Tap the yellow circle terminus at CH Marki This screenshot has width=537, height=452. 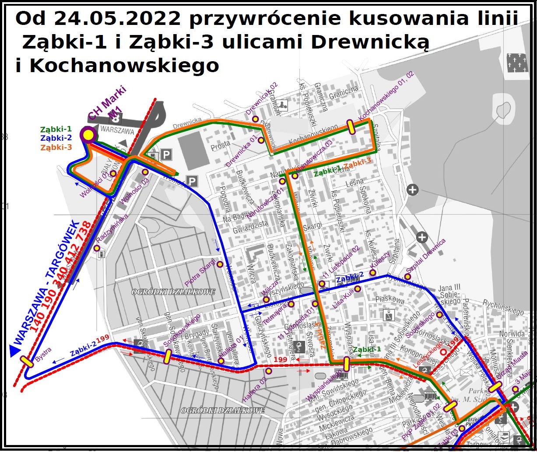89,135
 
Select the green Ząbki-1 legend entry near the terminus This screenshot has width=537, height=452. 56,129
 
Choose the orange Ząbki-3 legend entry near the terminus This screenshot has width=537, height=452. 56,147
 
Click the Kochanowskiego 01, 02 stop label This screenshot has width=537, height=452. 386,97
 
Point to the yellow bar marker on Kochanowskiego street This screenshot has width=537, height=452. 351,126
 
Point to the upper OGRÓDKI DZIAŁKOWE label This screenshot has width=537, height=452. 173,292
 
